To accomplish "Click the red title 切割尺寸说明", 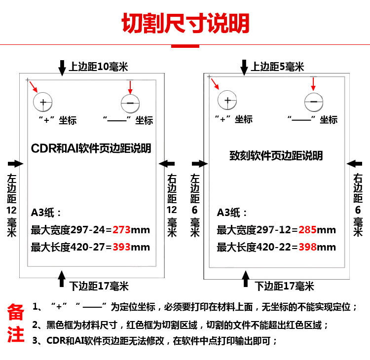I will point(185,23).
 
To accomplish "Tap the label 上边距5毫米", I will point(277,67).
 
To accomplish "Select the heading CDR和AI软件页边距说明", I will point(91,148).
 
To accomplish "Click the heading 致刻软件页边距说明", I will point(276,156).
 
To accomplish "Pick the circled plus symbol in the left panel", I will point(43,103).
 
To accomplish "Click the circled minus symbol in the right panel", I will point(314,102).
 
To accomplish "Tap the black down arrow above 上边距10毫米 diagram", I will point(62,68).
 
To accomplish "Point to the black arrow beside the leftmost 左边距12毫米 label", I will point(15,163).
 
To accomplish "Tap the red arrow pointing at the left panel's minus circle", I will point(130,87).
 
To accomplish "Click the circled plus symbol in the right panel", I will point(227,101).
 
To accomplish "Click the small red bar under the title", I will point(185,46).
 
